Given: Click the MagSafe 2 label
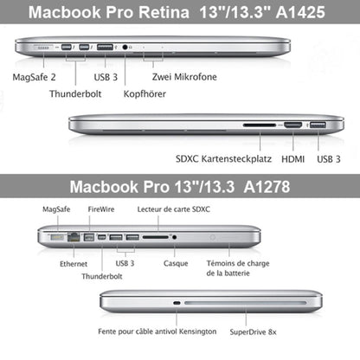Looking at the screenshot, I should pos(35,76).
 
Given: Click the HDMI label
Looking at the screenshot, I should pos(292,158).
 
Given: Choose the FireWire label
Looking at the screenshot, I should pos(100,209).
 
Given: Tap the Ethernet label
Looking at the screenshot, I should pos(74,264).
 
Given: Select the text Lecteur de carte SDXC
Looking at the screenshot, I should pos(173,209).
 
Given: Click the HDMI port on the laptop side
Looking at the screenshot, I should pos(293,125).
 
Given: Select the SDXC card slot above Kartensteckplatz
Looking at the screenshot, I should pos(260,125).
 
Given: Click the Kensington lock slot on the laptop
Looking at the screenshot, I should pos(177,303).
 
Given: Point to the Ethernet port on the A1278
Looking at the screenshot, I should pos(74,236).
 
